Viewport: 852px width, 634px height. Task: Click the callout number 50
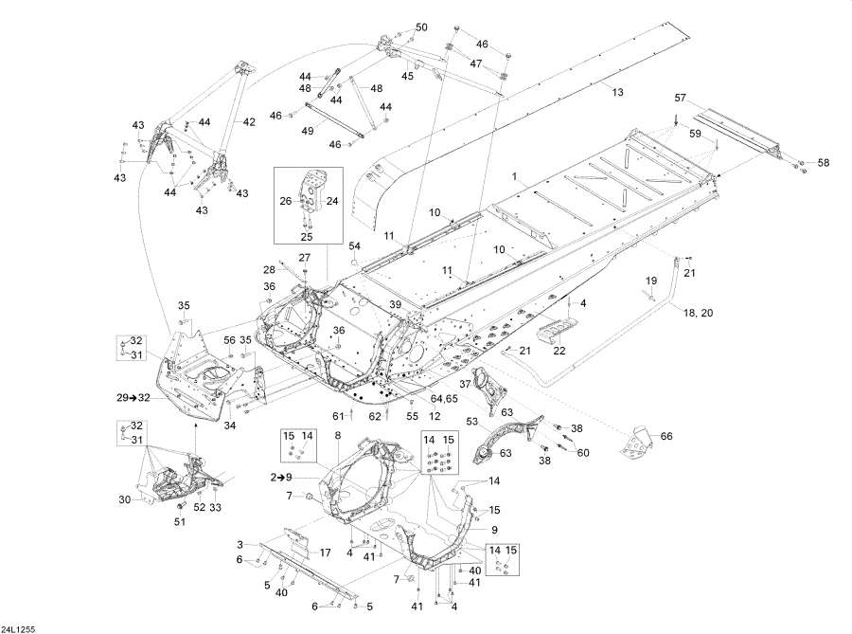tap(421, 27)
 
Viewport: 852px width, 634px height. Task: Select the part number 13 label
tap(618, 92)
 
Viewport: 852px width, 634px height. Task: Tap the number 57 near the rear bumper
tap(680, 99)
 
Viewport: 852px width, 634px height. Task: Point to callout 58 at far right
tap(823, 163)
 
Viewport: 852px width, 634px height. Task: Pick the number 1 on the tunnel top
tap(515, 177)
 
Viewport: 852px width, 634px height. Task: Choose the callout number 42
tap(249, 121)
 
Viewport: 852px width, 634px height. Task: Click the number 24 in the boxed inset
tap(332, 201)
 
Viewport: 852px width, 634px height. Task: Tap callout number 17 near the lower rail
tap(324, 553)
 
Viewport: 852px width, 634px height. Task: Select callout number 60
tap(582, 452)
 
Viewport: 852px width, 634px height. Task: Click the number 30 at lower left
tap(123, 499)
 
